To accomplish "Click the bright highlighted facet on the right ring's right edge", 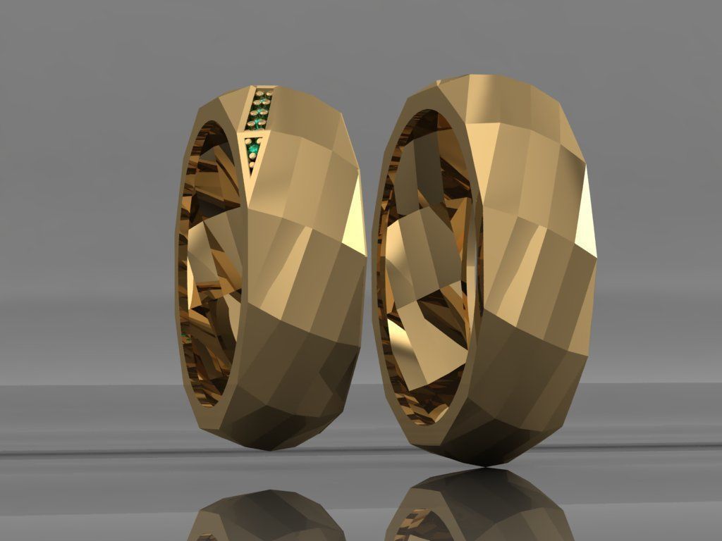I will (587, 211).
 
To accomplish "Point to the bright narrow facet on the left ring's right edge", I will (359, 211).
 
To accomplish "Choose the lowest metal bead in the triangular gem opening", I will (252, 166).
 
